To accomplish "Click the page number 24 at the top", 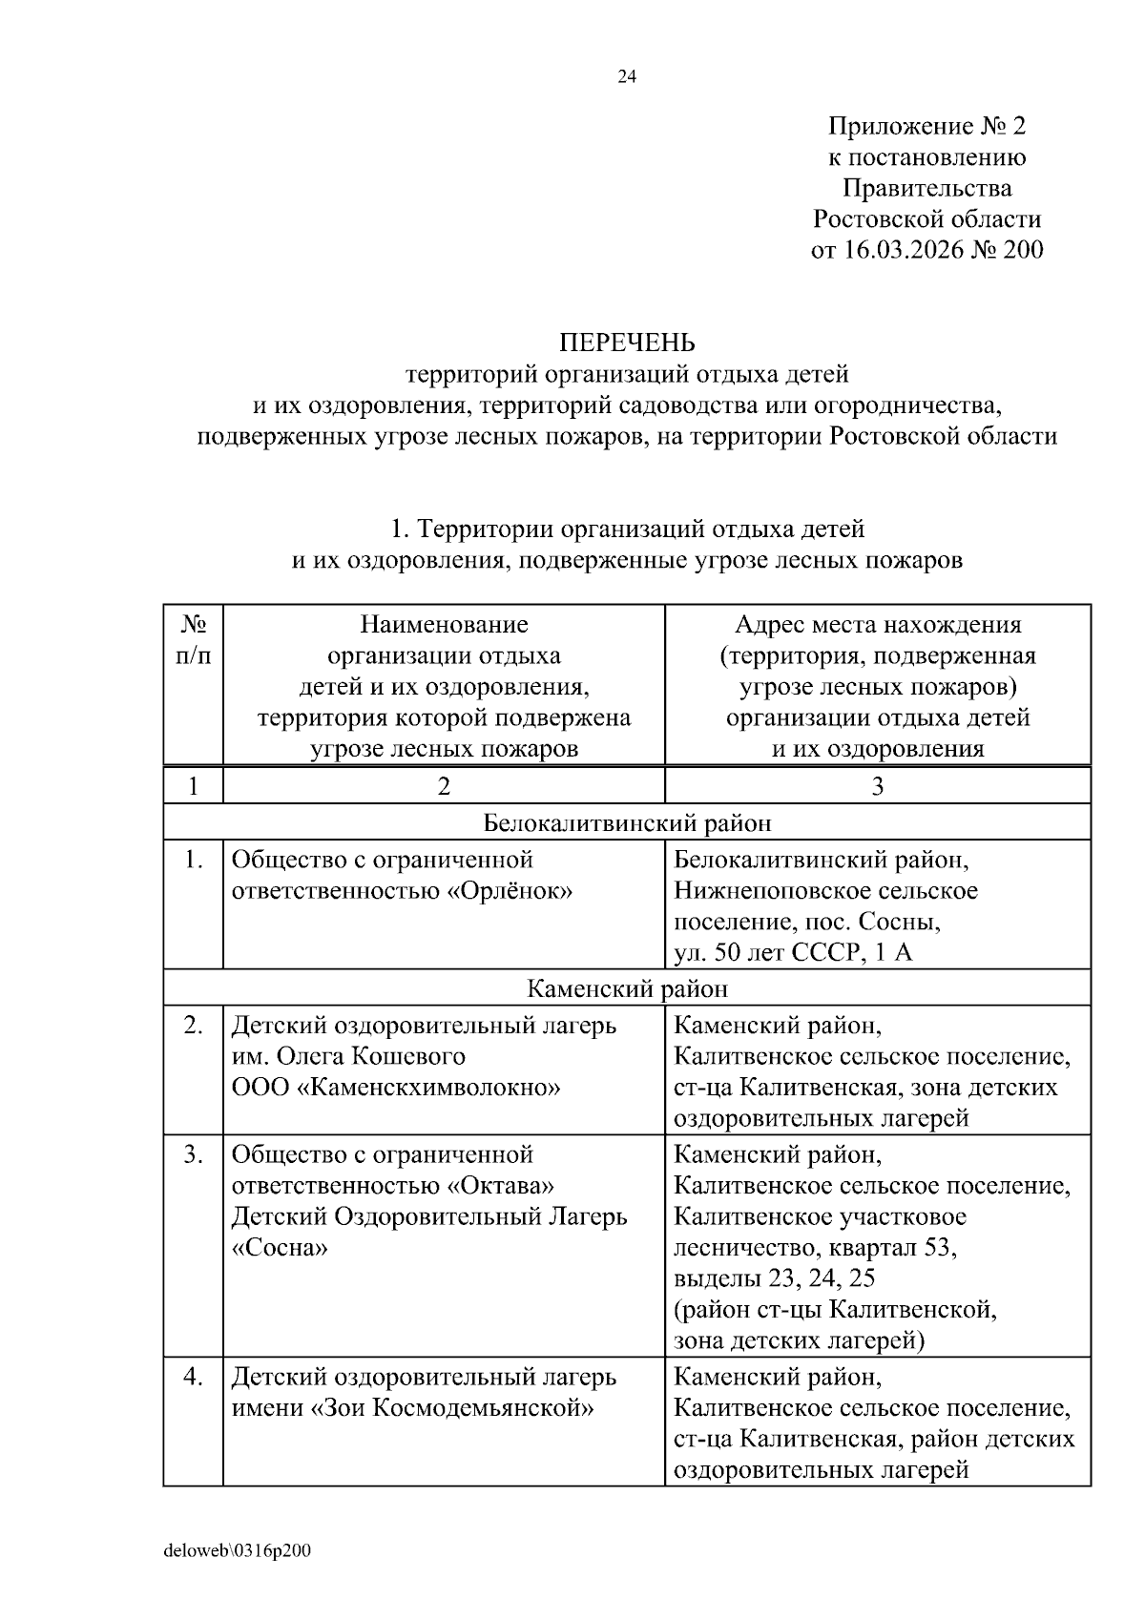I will coord(627,77).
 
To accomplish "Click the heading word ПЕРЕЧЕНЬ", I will coord(627,343).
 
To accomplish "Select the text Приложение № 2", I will coord(926,126).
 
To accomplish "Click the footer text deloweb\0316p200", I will coord(238,1551).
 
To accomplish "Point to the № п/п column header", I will coord(194,640).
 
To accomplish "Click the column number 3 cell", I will coord(877,786).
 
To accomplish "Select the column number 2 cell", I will coord(444,786).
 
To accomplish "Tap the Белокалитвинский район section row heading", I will coord(627,822).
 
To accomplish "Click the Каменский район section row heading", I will coord(627,988).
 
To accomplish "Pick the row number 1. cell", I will coord(194,860).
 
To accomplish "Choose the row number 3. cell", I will coord(194,1154).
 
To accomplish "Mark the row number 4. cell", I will coord(194,1378).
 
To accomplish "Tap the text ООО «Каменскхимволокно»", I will coord(396,1088).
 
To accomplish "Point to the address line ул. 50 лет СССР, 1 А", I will coord(793,953).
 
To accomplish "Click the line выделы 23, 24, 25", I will coord(774,1278).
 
